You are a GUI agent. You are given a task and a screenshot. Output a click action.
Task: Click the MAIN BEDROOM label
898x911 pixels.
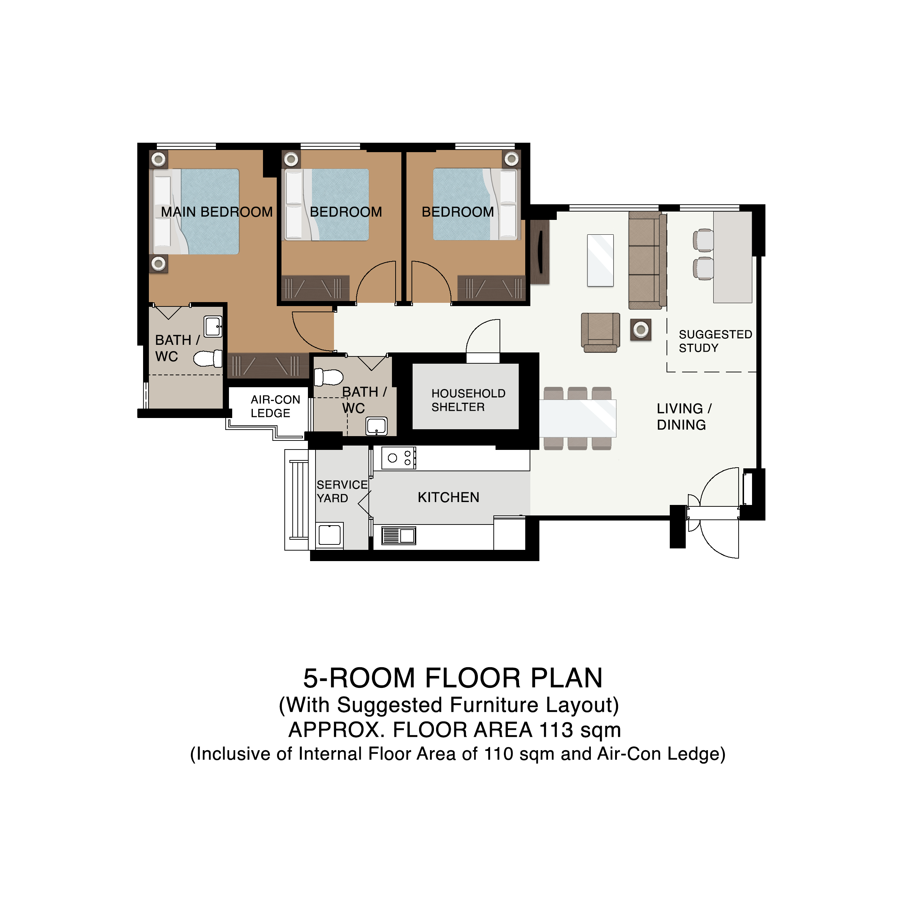(217, 212)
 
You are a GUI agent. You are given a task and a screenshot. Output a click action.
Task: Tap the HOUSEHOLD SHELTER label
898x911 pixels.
(468, 400)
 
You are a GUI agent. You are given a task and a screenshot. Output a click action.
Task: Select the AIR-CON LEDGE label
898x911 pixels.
(275, 406)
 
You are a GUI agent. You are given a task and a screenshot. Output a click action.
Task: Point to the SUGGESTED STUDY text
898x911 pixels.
(715, 341)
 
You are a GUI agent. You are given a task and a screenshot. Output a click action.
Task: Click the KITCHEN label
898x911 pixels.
(448, 497)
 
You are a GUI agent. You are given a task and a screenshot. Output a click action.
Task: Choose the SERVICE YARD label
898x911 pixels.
(342, 491)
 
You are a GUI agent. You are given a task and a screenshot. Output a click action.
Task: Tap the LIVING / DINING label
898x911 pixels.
(684, 417)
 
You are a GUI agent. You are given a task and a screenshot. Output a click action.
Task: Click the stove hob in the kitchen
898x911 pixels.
(398, 458)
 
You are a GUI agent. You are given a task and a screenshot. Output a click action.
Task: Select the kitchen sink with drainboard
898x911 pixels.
(398, 536)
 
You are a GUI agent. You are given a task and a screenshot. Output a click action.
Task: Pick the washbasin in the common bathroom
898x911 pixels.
(376, 426)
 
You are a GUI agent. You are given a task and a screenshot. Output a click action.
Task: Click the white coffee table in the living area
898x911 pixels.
(600, 260)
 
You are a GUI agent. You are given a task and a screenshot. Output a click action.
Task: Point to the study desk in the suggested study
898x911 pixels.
(732, 257)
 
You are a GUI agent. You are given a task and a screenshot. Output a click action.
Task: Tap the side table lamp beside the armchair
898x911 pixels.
(641, 330)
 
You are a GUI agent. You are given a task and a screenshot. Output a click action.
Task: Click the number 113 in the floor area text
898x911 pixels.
(556, 730)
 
